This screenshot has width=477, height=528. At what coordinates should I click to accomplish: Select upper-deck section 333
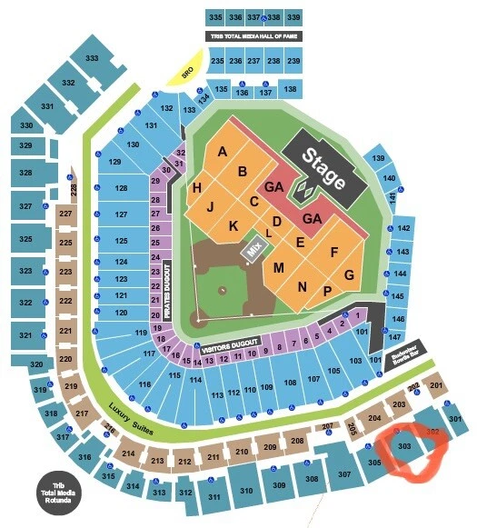click(x=92, y=58)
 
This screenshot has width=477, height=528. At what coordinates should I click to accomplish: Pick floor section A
click(x=223, y=153)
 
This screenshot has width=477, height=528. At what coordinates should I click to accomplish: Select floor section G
click(x=348, y=274)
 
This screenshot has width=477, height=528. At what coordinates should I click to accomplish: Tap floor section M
click(x=279, y=267)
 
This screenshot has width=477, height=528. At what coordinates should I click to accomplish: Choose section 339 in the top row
click(x=293, y=17)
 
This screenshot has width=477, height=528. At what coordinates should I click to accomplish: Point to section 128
click(x=121, y=188)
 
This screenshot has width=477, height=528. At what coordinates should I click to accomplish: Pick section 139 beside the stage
click(x=378, y=159)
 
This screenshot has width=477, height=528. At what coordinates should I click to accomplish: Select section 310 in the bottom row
click(x=245, y=491)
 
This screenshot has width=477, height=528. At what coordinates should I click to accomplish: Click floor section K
click(x=234, y=225)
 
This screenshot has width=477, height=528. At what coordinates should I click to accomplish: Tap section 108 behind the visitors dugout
click(x=290, y=383)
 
